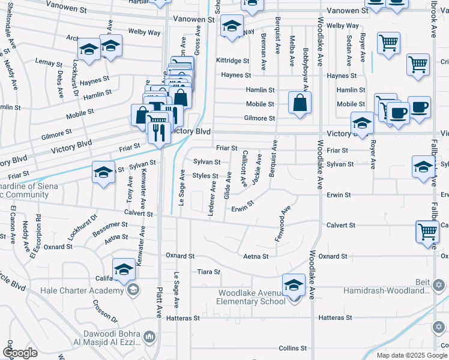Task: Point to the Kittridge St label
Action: pyautogui.click(x=232, y=61)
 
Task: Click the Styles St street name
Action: pyautogui.click(x=205, y=176)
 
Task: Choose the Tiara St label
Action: pyautogui.click(x=209, y=272)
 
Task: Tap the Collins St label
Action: pyautogui.click(x=293, y=348)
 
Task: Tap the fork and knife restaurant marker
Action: pyautogui.click(x=158, y=131)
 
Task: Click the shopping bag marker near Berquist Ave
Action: pyautogui.click(x=300, y=103)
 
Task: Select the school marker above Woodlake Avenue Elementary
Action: pyautogui.click(x=294, y=284)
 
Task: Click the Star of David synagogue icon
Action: pyautogui.click(x=439, y=284)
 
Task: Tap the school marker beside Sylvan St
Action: pyautogui.click(x=103, y=173)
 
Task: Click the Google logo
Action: pyautogui.click(x=20, y=353)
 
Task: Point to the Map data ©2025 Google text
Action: pyautogui.click(x=411, y=355)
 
